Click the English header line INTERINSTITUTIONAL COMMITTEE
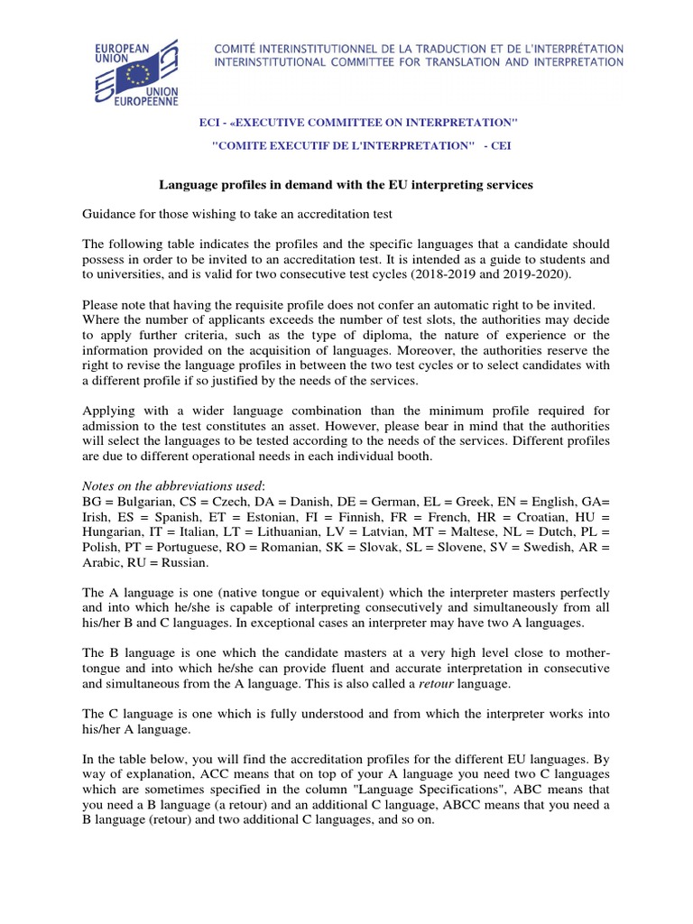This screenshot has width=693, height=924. click(418, 61)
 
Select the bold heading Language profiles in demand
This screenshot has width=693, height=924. click(346, 184)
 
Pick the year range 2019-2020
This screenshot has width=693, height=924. click(513, 275)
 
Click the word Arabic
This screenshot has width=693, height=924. click(104, 562)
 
